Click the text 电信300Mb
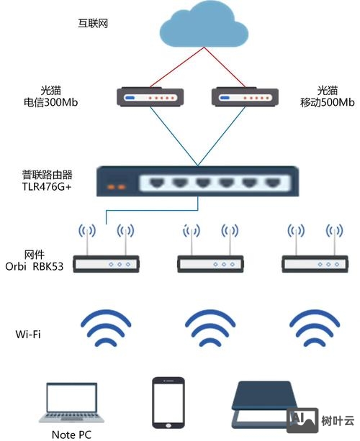point(50,103)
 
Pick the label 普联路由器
point(48,175)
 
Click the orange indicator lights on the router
point(117,187)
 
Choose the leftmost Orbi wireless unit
point(107,264)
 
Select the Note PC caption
point(71,435)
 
